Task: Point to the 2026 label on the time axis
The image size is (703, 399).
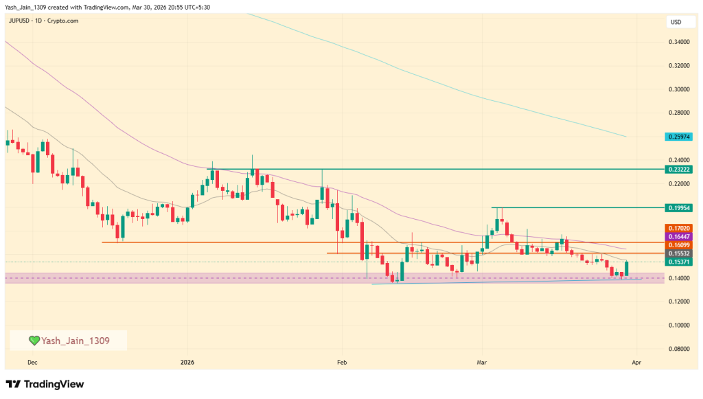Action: pos(187,361)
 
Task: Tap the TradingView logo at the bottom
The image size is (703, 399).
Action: pos(45,384)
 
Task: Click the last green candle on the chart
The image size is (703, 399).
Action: pos(627,269)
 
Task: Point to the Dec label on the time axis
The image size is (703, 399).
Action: pos(32,361)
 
